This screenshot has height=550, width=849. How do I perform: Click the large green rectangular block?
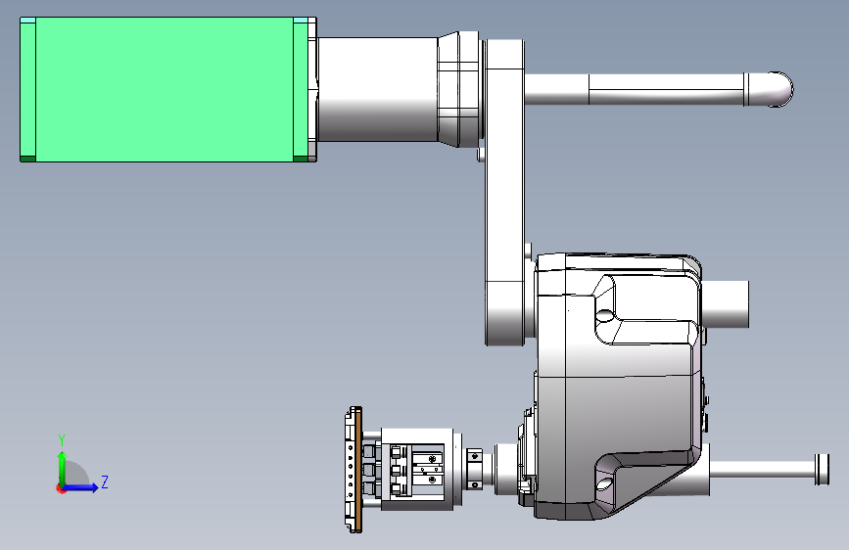[167, 89]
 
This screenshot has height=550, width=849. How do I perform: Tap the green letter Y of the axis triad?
[62, 439]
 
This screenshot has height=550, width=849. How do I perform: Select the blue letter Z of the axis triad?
[105, 481]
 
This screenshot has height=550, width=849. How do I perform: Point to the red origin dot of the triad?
[61, 488]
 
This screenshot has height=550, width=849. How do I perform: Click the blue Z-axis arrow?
[80, 487]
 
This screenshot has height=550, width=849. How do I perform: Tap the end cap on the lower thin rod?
[822, 470]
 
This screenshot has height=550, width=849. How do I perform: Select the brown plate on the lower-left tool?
[358, 470]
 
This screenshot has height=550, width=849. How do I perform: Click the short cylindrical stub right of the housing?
[726, 304]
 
